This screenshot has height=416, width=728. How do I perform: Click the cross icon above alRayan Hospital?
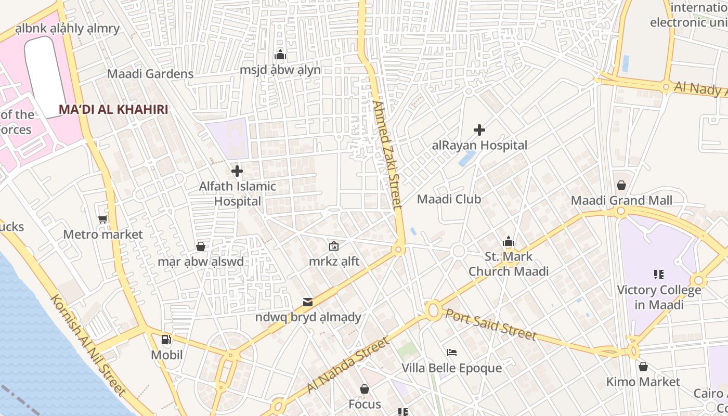click(479, 130)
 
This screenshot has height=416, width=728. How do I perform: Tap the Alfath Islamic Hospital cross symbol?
click(237, 171)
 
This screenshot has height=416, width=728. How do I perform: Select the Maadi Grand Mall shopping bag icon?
click(621, 185)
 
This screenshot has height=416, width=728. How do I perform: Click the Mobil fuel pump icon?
click(166, 340)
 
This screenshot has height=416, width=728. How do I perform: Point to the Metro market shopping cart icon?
click(103, 219)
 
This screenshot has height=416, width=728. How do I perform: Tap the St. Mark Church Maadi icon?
click(509, 241)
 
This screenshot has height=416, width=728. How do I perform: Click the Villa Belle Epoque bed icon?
click(452, 353)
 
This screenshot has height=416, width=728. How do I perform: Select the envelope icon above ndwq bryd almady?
click(308, 302)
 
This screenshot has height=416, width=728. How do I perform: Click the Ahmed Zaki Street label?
click(388, 154)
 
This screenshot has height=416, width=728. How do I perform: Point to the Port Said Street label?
click(490, 324)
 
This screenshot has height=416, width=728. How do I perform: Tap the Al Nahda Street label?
click(347, 365)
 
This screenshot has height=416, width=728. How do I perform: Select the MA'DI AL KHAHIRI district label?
click(113, 110)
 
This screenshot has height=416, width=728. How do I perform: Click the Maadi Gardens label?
click(150, 74)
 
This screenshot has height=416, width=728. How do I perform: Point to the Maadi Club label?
click(449, 199)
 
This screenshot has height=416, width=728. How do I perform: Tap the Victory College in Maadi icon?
click(659, 274)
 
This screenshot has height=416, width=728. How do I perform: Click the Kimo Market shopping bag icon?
click(643, 367)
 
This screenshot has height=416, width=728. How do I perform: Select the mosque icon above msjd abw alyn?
click(280, 55)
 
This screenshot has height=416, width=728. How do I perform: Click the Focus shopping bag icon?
click(365, 389)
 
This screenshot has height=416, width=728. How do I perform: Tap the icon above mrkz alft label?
click(334, 246)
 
